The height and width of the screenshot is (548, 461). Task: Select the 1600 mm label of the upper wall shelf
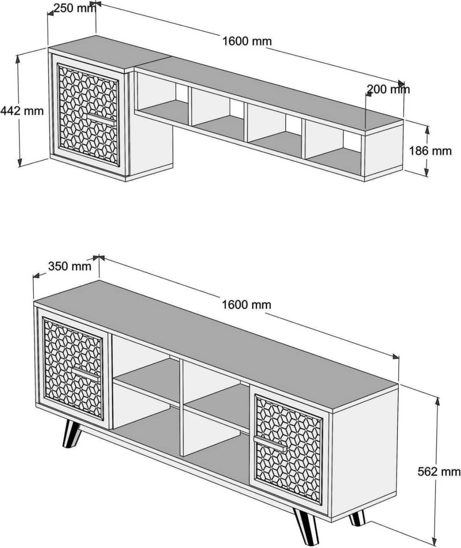[x=247, y=41]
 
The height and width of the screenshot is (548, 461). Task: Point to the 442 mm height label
[x=22, y=111]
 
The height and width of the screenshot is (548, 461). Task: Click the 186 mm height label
[x=430, y=151]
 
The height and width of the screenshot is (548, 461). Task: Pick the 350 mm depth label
[x=70, y=266]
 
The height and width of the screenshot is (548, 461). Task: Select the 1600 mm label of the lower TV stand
[x=247, y=304]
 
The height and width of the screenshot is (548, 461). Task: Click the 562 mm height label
[x=439, y=472]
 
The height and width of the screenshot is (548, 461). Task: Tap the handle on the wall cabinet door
[x=101, y=119]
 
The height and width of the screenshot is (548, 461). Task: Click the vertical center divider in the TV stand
[x=182, y=408]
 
